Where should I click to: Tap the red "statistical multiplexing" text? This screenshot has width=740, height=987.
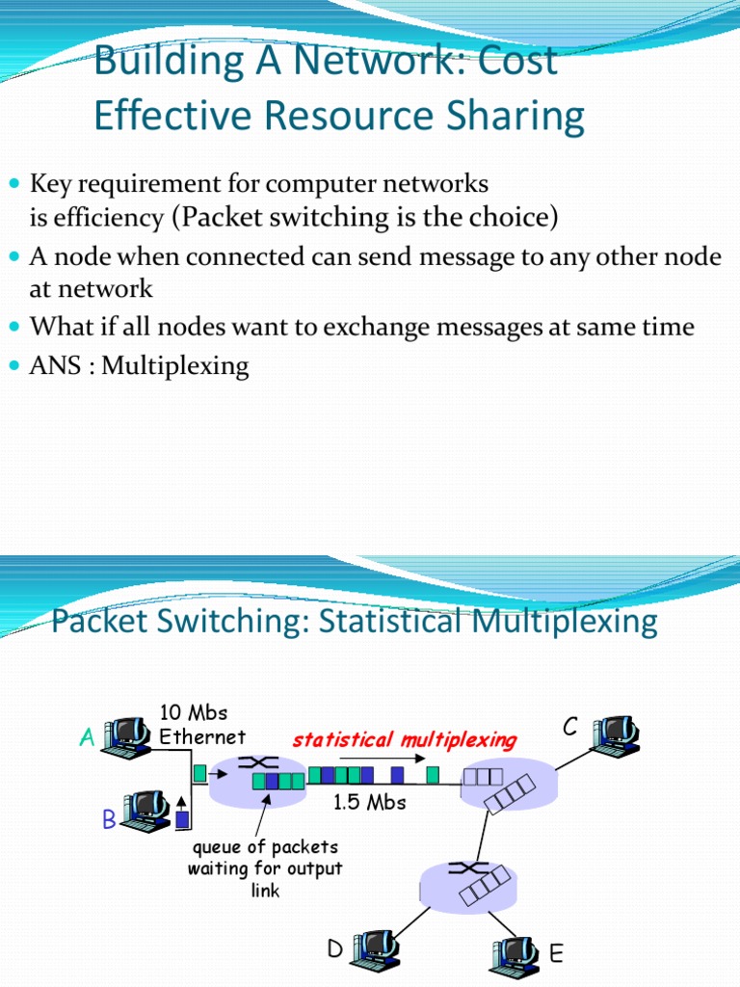[x=405, y=740]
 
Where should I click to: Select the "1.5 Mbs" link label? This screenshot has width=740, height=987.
[x=369, y=802]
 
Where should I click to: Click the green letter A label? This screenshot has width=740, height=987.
[x=87, y=738]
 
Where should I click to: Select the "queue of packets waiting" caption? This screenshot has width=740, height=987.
[x=264, y=868]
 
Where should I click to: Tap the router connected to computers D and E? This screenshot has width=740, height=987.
[x=467, y=882]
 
